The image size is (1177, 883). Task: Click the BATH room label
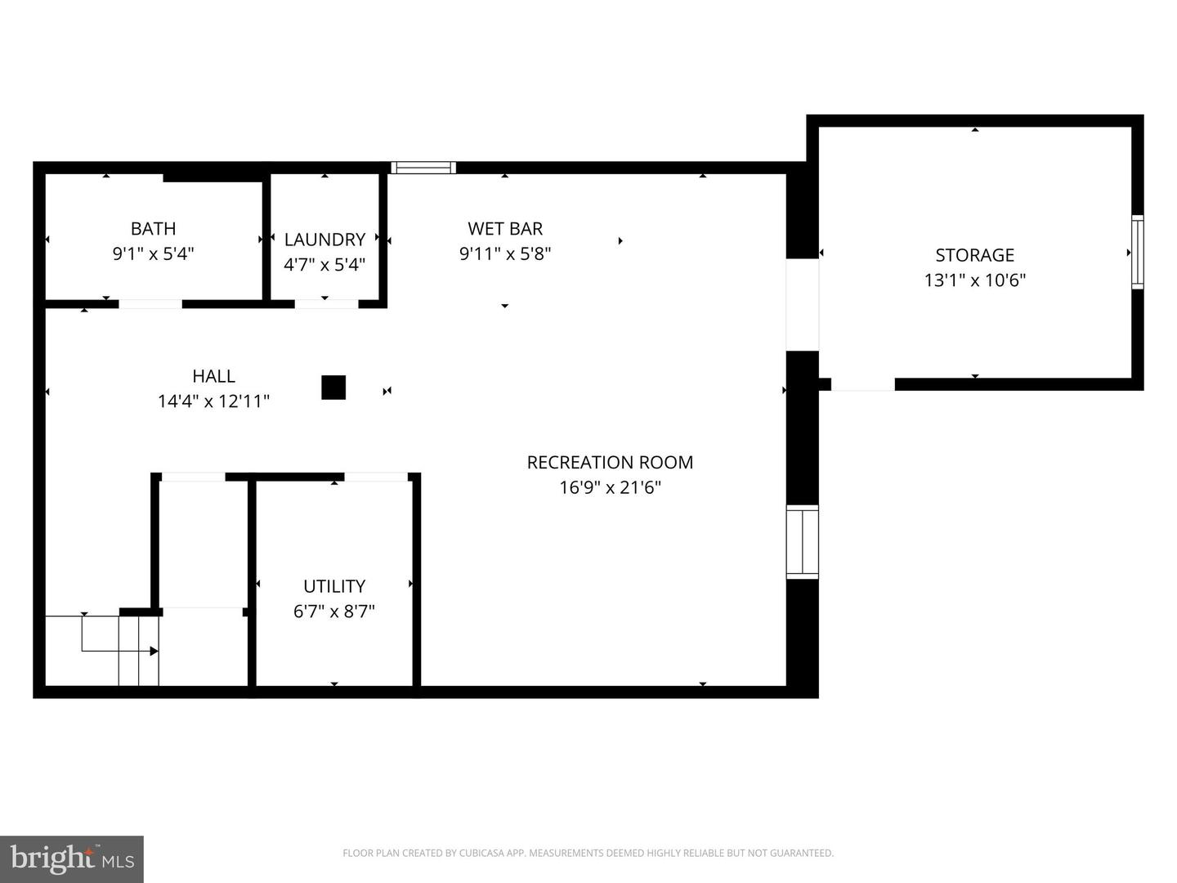pos(153,229)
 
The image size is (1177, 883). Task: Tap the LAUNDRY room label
pos(324,240)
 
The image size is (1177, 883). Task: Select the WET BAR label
pos(505,229)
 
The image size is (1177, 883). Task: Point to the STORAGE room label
pos(974,255)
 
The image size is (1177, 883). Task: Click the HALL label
pos(213,376)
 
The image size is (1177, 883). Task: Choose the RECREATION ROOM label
pos(610,463)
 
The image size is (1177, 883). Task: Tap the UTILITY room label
pos(333,586)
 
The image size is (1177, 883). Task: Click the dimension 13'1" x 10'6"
pos(974,280)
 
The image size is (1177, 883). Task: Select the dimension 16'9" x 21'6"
pos(610,488)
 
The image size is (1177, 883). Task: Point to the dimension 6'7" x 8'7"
pos(333,612)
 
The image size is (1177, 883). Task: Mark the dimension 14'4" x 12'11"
pos(213,401)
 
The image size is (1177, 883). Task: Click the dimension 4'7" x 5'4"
pos(324,265)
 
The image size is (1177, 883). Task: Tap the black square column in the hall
pos(333,388)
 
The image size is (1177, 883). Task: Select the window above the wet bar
pos(423,168)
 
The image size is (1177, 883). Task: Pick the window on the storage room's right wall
pos(1137,252)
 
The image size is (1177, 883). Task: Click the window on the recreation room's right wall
pos(802,542)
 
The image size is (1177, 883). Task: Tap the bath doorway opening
pos(150,304)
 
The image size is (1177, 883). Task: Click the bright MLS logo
pos(72,858)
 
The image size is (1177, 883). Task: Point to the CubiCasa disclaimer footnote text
pos(588,853)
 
